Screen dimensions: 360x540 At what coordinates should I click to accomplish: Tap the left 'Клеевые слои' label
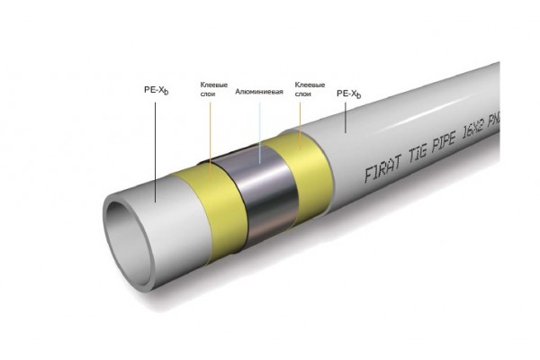(x=212, y=90)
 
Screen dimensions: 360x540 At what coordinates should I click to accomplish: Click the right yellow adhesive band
(x=301, y=157)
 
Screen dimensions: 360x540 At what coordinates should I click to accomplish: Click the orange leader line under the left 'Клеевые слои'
(x=213, y=135)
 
